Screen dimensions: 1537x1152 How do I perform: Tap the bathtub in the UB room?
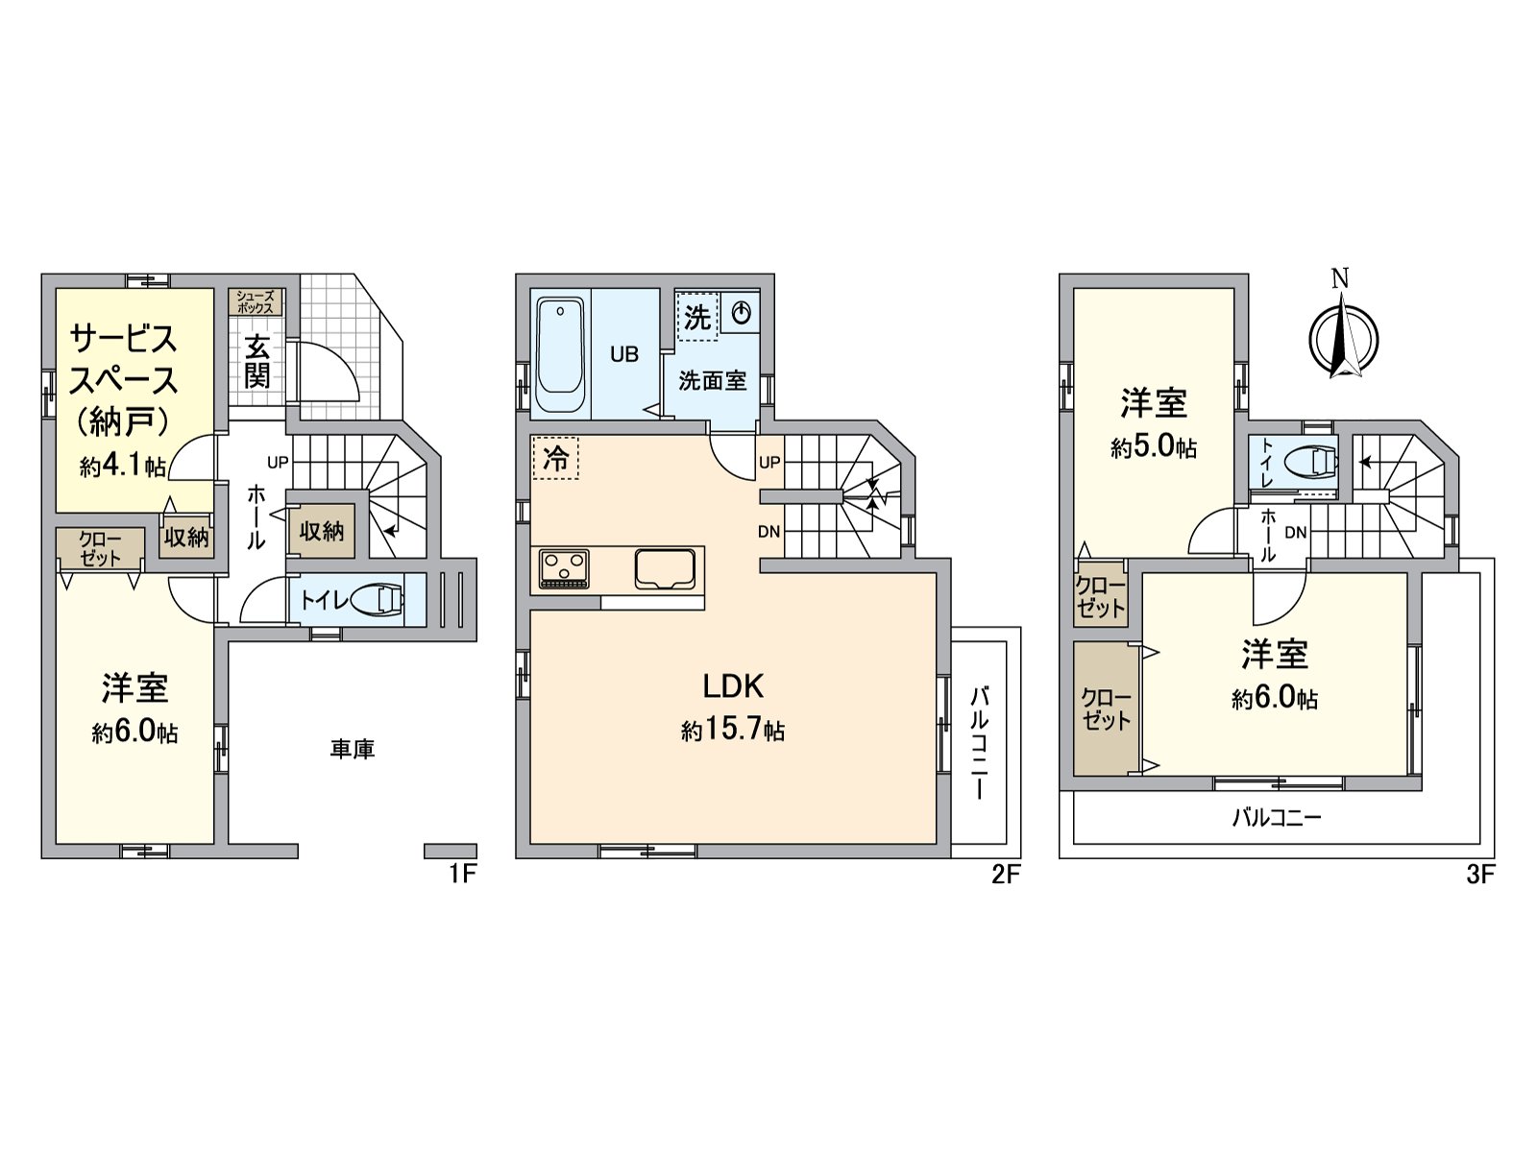tap(559, 355)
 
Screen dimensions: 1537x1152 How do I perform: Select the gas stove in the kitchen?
tap(564, 569)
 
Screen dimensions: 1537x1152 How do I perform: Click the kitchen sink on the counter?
tap(665, 568)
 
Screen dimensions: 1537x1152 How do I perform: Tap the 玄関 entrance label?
tap(257, 362)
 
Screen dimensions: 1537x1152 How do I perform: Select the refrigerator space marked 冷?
tap(556, 458)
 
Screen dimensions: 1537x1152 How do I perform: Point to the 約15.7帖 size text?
tap(732, 731)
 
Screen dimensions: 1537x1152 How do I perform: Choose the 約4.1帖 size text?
tap(122, 466)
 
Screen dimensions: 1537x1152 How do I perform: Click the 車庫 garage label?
tap(353, 749)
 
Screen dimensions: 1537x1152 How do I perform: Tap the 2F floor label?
tap(1005, 875)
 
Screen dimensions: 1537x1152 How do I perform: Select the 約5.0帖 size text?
tap(1154, 447)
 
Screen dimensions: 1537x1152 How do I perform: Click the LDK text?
tap(733, 686)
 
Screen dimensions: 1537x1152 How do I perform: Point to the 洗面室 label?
tap(712, 380)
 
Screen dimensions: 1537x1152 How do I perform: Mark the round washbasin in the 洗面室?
tap(741, 313)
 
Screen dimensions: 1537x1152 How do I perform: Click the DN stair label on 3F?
tap(1296, 532)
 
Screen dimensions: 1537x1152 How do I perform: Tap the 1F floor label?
tap(462, 875)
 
